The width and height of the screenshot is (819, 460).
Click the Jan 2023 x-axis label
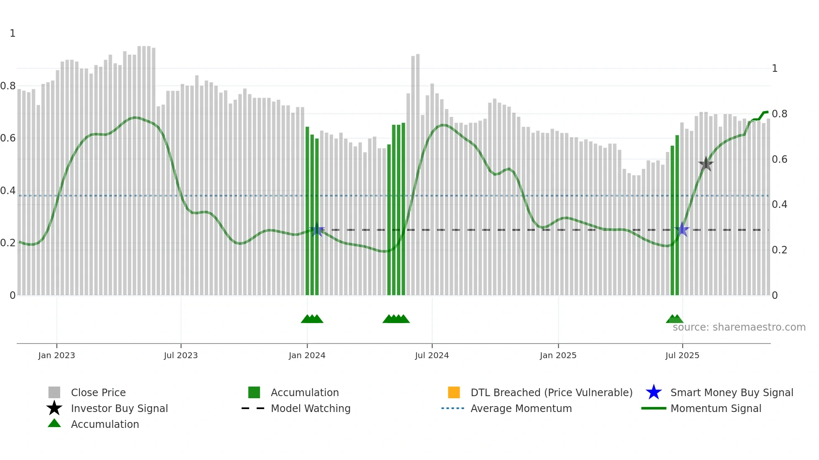click(x=56, y=355)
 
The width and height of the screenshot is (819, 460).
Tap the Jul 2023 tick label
click(x=181, y=355)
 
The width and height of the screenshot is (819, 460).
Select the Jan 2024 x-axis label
click(x=307, y=355)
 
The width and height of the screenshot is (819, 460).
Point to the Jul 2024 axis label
click(x=432, y=355)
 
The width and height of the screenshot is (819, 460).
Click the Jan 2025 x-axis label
click(x=558, y=355)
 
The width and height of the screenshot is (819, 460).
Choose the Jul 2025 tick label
click(x=682, y=355)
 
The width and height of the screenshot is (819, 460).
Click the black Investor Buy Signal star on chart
click(x=706, y=164)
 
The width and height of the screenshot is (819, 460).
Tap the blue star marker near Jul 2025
click(x=682, y=230)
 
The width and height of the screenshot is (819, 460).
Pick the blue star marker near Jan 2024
click(x=317, y=230)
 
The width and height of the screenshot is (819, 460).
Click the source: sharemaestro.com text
click(x=739, y=327)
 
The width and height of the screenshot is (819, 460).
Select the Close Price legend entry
click(x=98, y=392)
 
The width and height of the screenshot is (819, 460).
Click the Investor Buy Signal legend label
click(x=119, y=408)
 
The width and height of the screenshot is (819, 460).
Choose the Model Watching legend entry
click(x=310, y=408)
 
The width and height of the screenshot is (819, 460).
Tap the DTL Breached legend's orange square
click(x=454, y=392)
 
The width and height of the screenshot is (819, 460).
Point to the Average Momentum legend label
click(x=521, y=408)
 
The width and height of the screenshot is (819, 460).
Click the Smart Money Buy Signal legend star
click(x=654, y=392)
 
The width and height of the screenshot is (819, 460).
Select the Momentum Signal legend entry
click(x=715, y=408)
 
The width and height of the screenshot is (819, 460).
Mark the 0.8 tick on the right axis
click(x=779, y=114)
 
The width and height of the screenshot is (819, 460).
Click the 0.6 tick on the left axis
click(x=8, y=138)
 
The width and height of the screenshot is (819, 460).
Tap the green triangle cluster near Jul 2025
click(x=674, y=319)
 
